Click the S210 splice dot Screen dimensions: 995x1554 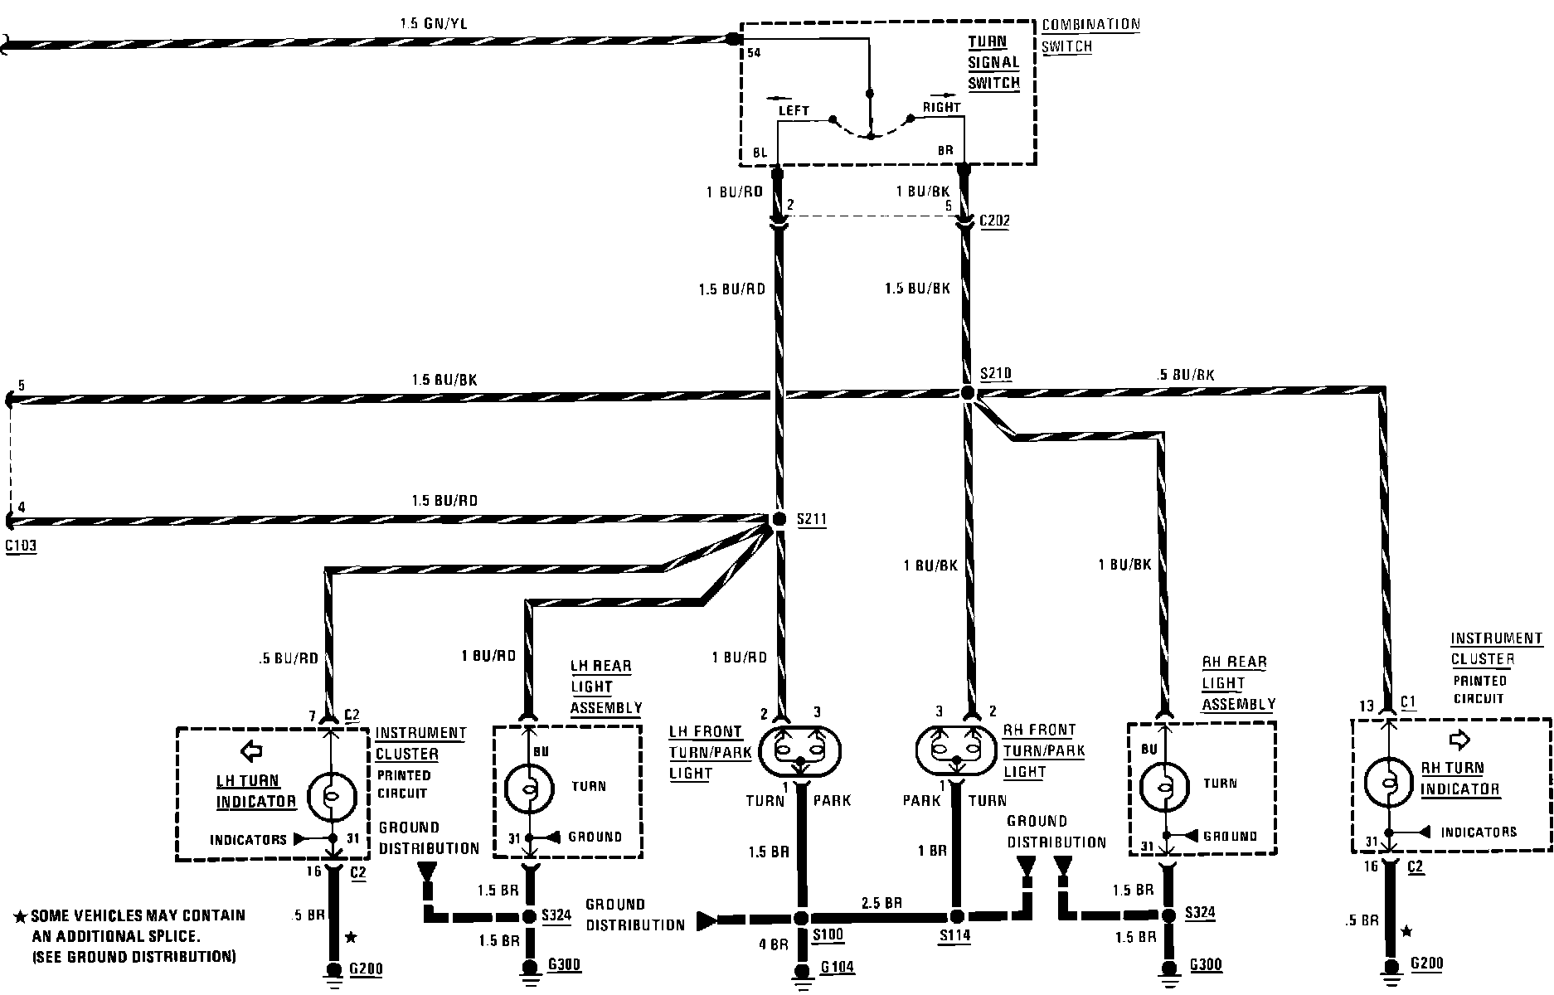click(x=966, y=392)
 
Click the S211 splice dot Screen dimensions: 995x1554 click(x=779, y=520)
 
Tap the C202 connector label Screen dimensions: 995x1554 click(x=995, y=221)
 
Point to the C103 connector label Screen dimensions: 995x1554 click(x=21, y=546)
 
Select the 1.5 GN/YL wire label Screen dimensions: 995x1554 click(x=433, y=24)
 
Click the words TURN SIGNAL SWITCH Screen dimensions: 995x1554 click(x=993, y=62)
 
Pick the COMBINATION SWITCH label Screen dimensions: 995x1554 click(x=1090, y=35)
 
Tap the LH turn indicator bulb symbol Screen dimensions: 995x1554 click(x=331, y=797)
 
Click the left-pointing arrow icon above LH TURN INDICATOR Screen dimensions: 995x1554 click(x=250, y=751)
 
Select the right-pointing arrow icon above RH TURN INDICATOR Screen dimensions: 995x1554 click(x=1459, y=739)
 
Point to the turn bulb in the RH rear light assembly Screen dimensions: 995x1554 click(x=1164, y=784)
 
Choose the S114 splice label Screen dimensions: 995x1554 click(x=954, y=936)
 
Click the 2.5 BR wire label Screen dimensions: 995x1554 click(x=881, y=903)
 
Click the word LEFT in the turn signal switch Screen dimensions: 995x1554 click(x=793, y=110)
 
